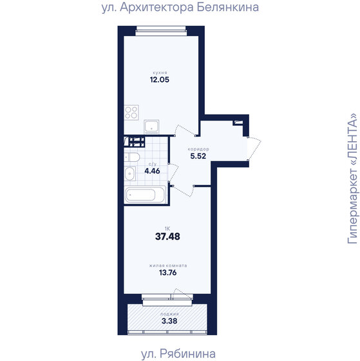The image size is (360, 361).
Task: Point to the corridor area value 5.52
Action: tap(198, 155)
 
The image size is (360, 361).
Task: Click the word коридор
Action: tap(198, 148)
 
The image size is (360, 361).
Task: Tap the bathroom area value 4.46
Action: tap(152, 171)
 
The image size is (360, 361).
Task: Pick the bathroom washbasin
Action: tap(130, 172)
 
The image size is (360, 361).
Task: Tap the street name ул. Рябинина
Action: tap(177, 353)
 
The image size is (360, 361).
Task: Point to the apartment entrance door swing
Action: tap(254, 149)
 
